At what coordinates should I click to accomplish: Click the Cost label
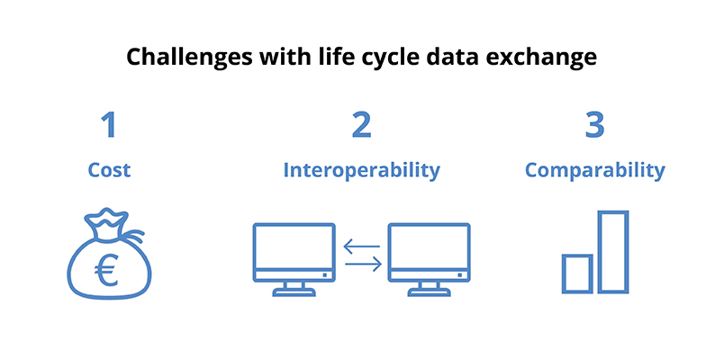point(109,170)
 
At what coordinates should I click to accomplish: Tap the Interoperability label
point(361,171)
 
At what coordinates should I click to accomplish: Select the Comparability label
point(594,171)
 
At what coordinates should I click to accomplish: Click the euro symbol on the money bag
point(106,270)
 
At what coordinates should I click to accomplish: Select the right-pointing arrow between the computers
point(364,264)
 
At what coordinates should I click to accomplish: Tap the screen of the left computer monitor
point(294,247)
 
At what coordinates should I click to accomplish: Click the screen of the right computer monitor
point(429,247)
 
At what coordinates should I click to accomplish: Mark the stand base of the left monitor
point(294,292)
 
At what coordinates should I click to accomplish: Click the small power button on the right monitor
point(459,275)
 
